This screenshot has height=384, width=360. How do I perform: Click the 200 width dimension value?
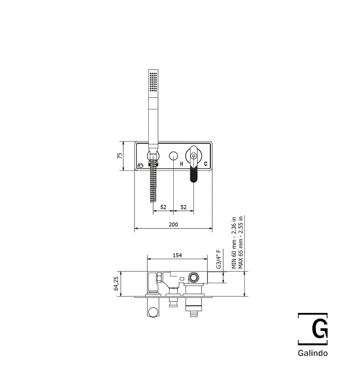pos(173,224)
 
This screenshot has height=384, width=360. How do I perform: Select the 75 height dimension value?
pos(120,156)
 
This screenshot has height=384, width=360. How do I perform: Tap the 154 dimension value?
pos(177,255)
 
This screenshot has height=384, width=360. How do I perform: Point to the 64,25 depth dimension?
pos(116,284)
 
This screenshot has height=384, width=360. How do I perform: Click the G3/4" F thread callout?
pos(219,259)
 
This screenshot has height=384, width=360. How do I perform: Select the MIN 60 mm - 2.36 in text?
pos(234,243)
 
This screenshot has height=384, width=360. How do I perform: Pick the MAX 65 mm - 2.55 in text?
pos(240,242)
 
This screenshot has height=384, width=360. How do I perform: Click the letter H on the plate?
pos(181,164)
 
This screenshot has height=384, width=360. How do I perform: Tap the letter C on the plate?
pos(206,164)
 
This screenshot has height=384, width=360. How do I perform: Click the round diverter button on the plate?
pos(173,156)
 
